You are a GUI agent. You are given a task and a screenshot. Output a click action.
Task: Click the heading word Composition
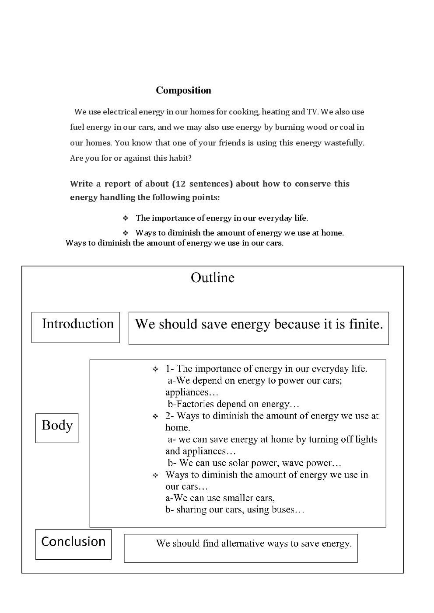pyautogui.click(x=183, y=90)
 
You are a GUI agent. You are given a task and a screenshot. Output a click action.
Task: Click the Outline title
pyautogui.click(x=213, y=278)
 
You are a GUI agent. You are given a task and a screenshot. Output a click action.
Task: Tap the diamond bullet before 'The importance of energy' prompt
pyautogui.click(x=125, y=218)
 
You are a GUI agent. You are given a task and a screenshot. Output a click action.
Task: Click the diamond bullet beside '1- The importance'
pyautogui.click(x=155, y=370)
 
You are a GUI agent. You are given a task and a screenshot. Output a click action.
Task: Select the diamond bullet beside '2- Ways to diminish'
pyautogui.click(x=155, y=416)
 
